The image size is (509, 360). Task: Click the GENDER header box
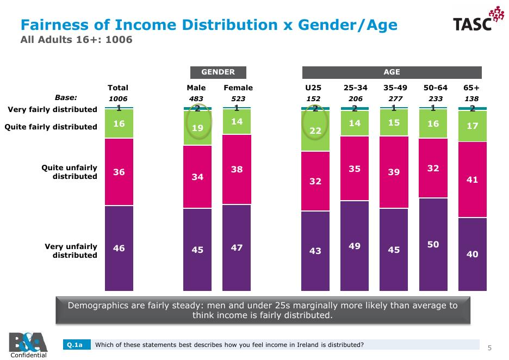[x=218, y=72]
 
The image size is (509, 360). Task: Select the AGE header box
[x=392, y=72]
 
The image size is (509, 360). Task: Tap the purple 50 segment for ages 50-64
[x=433, y=244]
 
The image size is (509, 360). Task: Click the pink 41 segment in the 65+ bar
[x=472, y=179]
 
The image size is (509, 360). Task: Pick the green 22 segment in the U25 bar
[x=315, y=131]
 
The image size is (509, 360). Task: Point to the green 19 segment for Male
[x=197, y=129]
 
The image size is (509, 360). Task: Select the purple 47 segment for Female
[x=237, y=247]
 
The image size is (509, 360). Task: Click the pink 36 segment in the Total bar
[x=119, y=172]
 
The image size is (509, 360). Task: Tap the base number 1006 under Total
[x=118, y=98]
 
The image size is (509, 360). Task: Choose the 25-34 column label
[x=355, y=88]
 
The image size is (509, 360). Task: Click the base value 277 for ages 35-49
[x=394, y=98]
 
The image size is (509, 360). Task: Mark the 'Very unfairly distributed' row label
[x=71, y=251]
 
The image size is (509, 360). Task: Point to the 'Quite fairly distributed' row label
[x=51, y=127]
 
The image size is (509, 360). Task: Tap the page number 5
[x=489, y=347]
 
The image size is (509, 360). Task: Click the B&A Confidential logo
[x=24, y=344]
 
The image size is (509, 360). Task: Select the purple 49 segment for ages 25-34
[x=355, y=246]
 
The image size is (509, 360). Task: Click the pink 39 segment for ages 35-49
[x=394, y=172]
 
